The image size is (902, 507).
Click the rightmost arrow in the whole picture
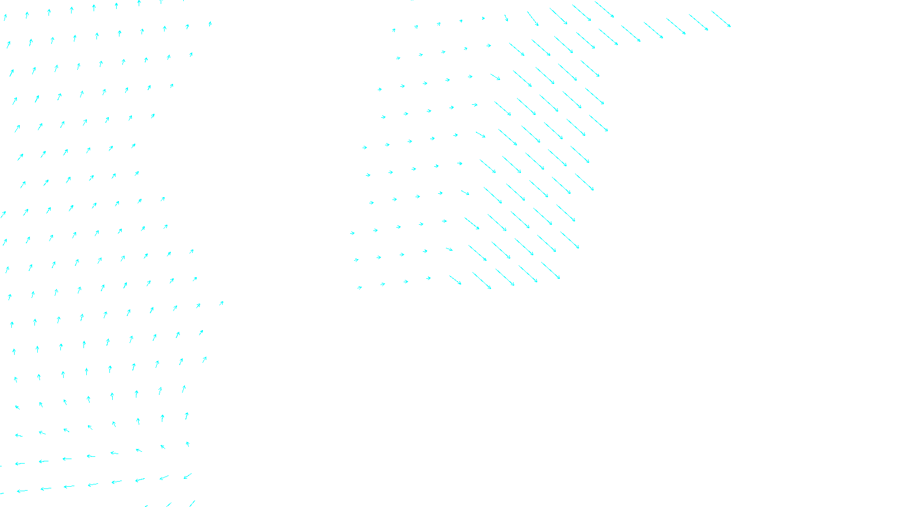pyautogui.click(x=721, y=19)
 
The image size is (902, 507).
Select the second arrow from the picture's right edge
pyautogui.click(x=698, y=23)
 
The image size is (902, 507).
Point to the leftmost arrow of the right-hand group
pyautogui.click(x=352, y=233)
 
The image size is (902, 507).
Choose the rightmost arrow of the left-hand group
pyautogui.click(x=221, y=303)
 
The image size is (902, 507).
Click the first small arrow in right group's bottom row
pyautogui.click(x=360, y=288)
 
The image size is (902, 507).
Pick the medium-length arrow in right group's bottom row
pyautogui.click(x=456, y=280)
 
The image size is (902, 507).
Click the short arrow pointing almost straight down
pyautogui.click(x=506, y=19)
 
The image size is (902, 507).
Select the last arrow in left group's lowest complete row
pyautogui.click(x=188, y=477)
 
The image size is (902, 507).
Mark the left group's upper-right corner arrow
pyautogui.click(x=210, y=24)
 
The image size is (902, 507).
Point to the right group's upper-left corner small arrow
pyautogui.click(x=393, y=30)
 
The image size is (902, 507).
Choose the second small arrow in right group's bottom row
pyautogui.click(x=383, y=284)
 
